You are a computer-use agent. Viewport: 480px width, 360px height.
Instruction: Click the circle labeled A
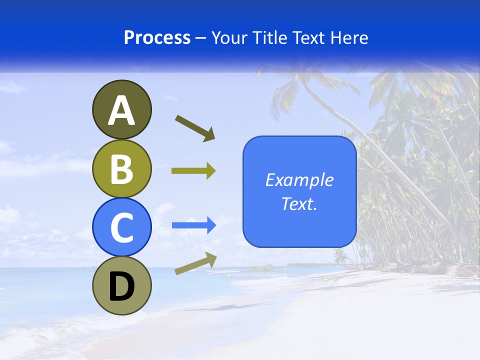(121, 109)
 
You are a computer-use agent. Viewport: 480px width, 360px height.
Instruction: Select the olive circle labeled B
(121, 168)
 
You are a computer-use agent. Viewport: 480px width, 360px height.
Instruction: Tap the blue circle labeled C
(121, 227)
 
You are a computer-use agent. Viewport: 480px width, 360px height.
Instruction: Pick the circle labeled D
(121, 286)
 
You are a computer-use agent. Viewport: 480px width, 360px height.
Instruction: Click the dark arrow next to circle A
(195, 127)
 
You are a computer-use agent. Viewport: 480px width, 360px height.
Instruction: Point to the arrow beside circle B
(193, 171)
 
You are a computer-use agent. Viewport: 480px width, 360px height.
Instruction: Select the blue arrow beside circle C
(193, 225)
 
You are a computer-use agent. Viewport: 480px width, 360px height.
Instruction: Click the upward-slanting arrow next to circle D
(195, 263)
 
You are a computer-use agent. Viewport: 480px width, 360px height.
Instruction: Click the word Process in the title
(157, 38)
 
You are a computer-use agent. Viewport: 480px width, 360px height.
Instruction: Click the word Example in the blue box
(299, 180)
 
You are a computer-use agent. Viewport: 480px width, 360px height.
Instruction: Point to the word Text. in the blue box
(299, 203)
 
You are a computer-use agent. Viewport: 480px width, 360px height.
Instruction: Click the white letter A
(121, 110)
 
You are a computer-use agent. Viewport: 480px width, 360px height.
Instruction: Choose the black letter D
(121, 287)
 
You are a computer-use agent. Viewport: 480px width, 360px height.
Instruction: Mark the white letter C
(121, 228)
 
